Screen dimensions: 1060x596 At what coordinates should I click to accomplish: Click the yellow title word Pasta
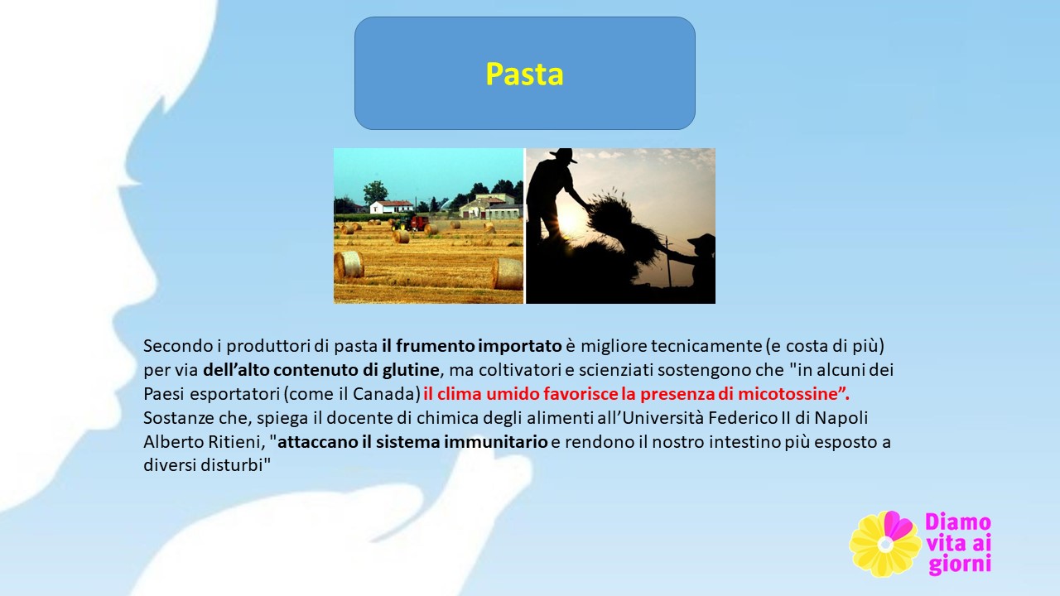pos(524,74)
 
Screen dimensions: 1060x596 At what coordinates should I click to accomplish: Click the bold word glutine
pos(411,370)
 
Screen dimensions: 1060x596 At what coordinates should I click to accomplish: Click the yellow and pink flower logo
pos(885,544)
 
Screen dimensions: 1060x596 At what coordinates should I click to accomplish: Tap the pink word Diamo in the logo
pos(958,522)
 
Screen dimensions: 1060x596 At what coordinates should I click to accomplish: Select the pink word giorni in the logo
pos(960,565)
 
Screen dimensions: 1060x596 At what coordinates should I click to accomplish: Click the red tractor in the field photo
pos(419,223)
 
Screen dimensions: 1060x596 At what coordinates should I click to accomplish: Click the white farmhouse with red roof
pos(391,207)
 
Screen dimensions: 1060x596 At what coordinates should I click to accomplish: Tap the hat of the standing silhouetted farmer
pos(563,156)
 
